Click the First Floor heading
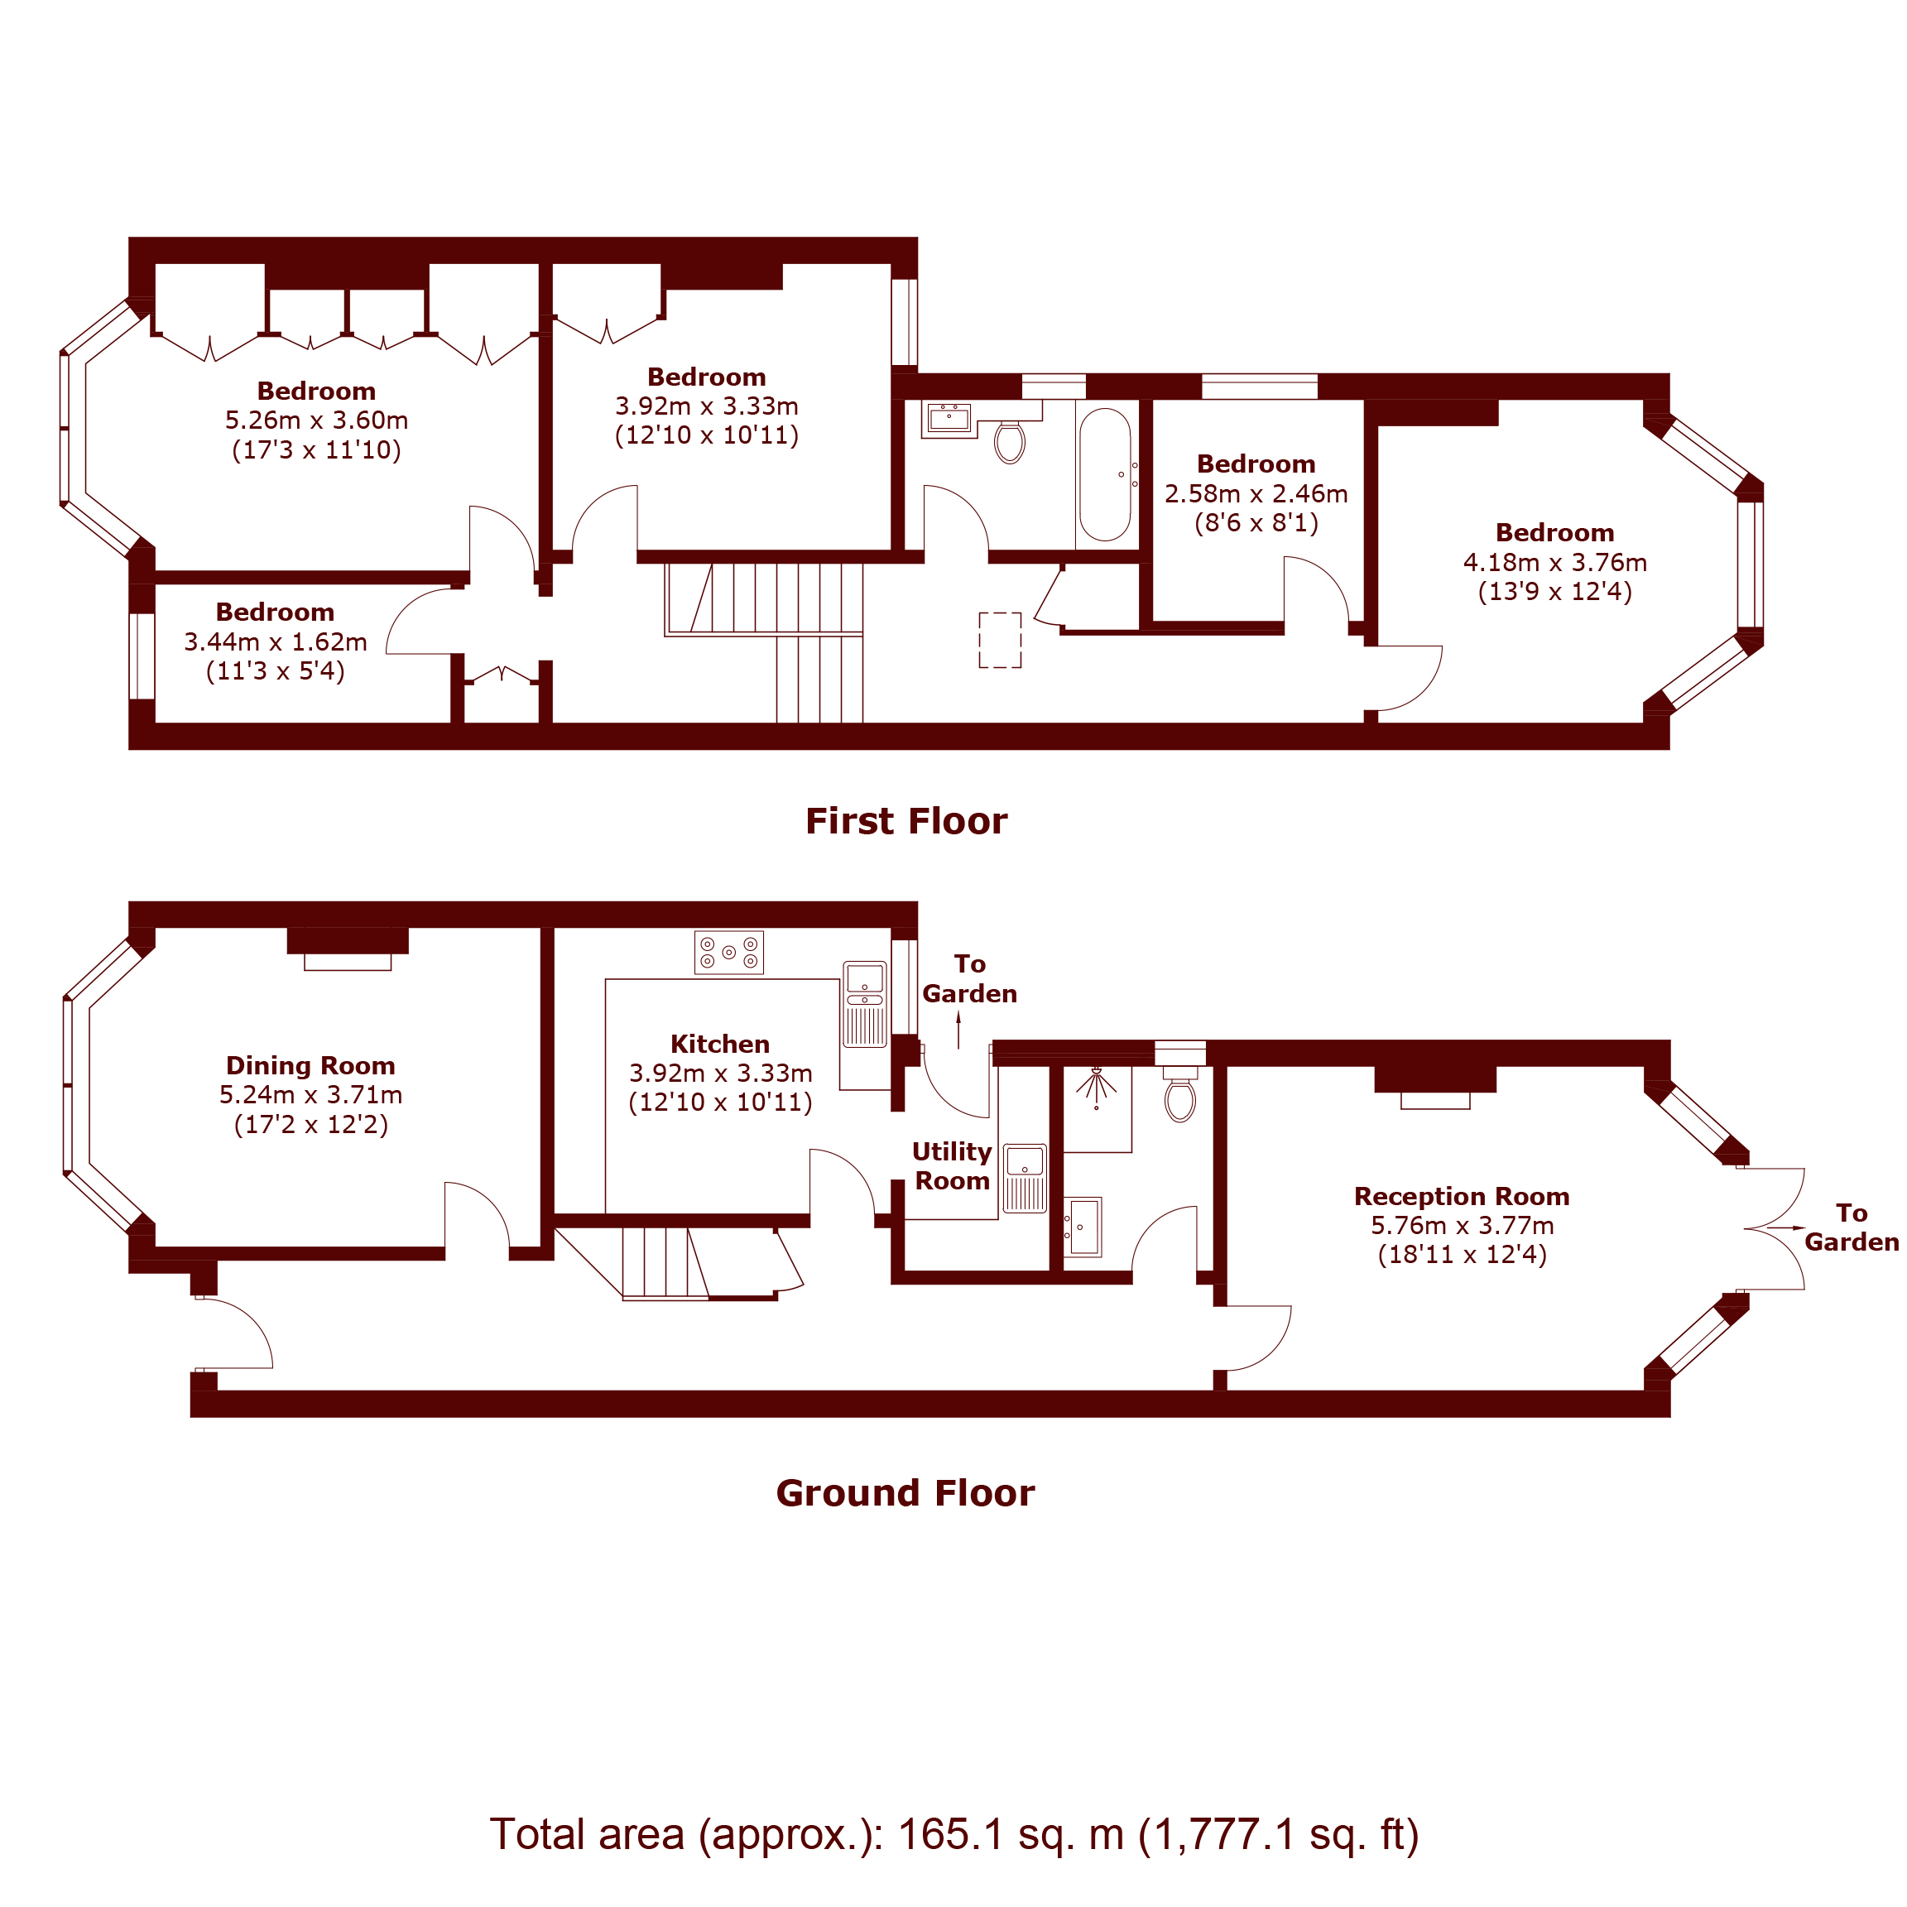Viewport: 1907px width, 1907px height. tap(906, 821)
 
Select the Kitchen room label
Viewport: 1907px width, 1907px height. tap(719, 1045)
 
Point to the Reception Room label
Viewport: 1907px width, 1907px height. tap(1461, 1196)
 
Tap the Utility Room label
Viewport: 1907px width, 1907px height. tap(952, 1165)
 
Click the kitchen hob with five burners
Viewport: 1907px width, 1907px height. tap(728, 953)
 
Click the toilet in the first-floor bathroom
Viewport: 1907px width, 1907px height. tap(1010, 442)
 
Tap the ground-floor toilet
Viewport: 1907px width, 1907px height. tap(1180, 1098)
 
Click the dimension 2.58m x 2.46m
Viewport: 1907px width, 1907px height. tap(1256, 493)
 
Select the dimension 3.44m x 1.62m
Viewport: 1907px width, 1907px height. tap(276, 641)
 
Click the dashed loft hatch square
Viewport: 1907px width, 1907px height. tap(1000, 640)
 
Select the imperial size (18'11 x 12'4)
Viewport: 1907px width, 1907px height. tap(1462, 1255)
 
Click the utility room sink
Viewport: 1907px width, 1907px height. tap(1025, 1178)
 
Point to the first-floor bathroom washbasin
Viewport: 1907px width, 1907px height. tap(949, 419)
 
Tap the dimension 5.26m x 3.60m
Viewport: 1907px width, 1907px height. tap(316, 420)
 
